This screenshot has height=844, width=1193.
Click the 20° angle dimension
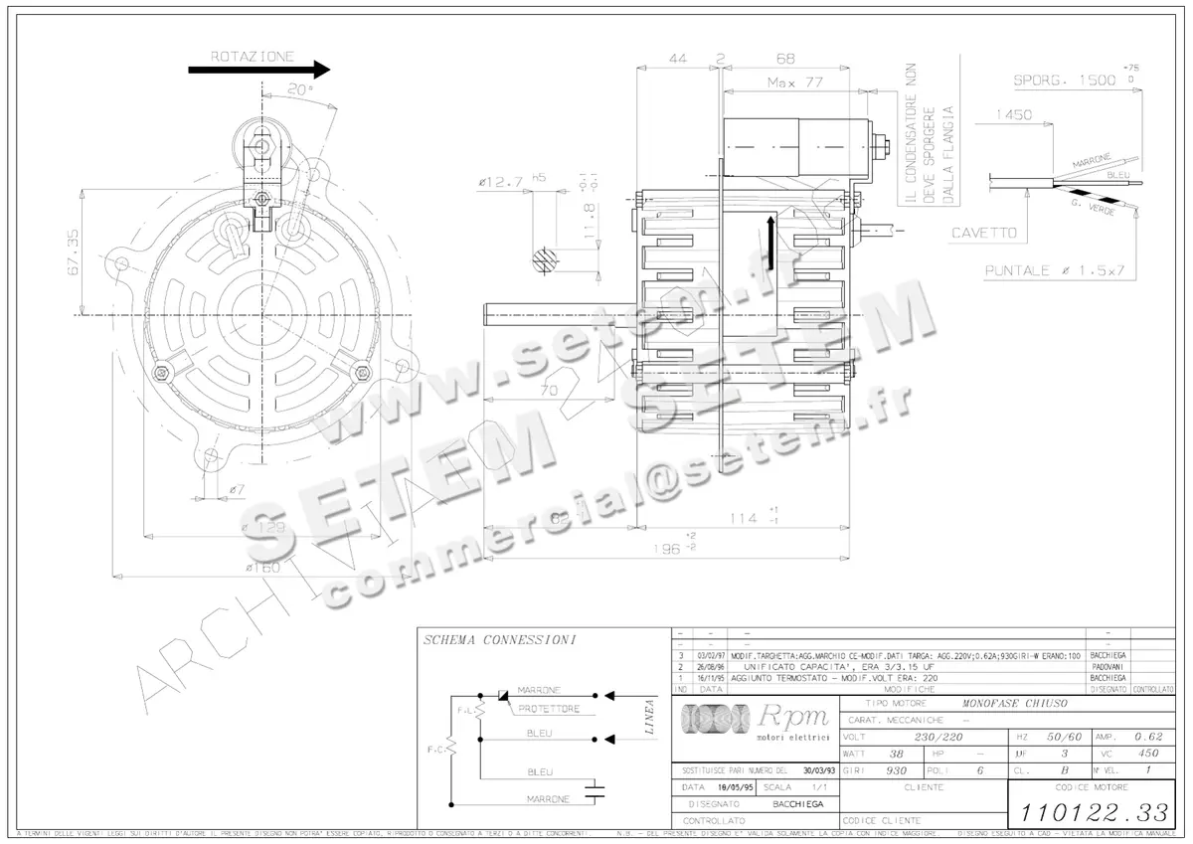click(299, 88)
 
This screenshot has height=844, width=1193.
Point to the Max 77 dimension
click(794, 84)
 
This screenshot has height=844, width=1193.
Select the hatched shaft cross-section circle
click(543, 260)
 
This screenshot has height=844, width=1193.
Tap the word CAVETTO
click(984, 234)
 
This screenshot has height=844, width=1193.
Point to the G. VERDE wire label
click(1093, 209)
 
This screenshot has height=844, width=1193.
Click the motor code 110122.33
click(1091, 810)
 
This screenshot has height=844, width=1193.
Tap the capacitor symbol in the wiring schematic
click(595, 791)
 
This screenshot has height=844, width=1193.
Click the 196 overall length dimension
click(680, 548)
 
